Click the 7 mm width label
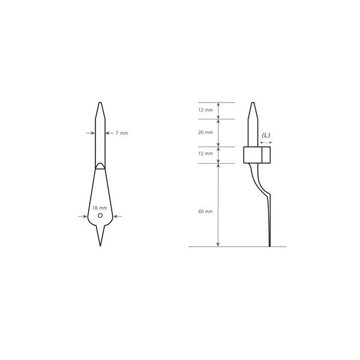122,133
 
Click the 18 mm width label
100,208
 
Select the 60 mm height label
205,211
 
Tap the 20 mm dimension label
205,132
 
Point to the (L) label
266,135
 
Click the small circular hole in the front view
100,215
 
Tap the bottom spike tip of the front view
100,246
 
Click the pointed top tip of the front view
100,103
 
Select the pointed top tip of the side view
253,103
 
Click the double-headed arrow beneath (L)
266,143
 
